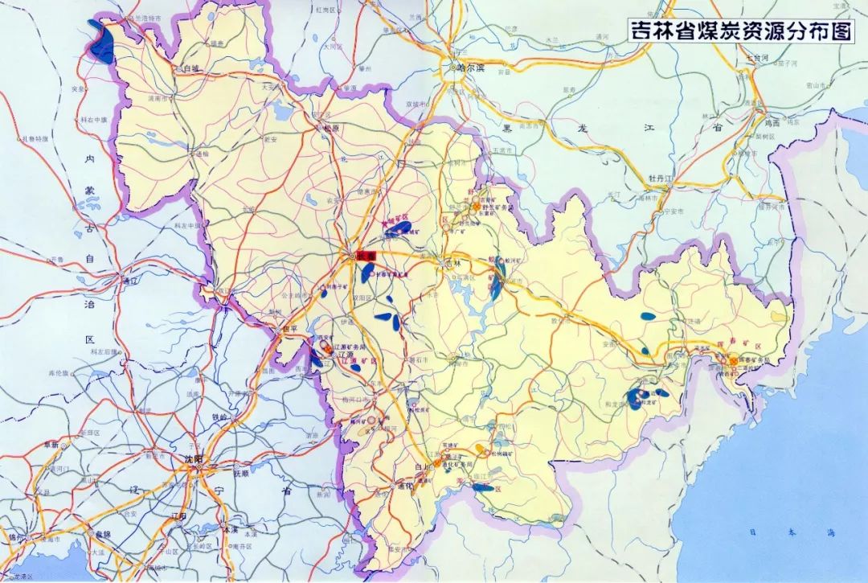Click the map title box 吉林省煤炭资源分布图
tap(740, 31)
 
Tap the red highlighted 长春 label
tap(367, 255)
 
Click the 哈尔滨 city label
tap(472, 68)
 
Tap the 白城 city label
tap(190, 69)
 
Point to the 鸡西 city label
tap(772, 123)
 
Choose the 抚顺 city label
tap(241, 474)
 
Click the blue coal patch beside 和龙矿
tap(637, 398)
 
